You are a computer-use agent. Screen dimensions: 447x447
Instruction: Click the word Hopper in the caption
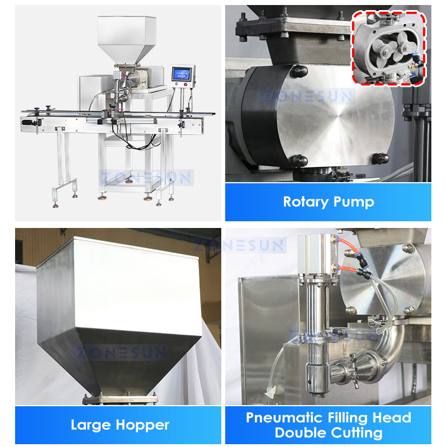point(144,426)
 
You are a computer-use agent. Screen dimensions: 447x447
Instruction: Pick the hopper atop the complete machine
point(126,39)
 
